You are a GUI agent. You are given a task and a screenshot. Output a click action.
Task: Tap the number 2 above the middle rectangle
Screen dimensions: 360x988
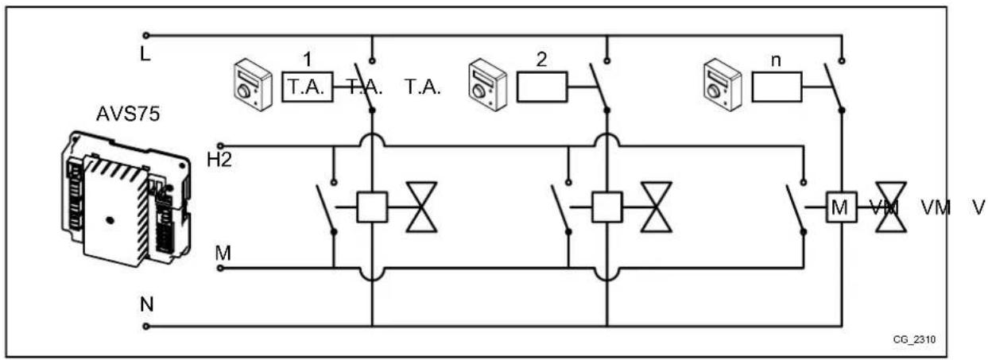(541, 60)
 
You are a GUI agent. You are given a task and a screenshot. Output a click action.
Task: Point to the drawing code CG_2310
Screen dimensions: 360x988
(915, 339)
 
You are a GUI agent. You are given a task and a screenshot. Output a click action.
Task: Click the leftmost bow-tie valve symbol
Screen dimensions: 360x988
(421, 207)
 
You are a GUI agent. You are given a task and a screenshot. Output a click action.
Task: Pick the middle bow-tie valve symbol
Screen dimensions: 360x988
(656, 207)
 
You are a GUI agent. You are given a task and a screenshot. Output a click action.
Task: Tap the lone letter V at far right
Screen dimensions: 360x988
(978, 207)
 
